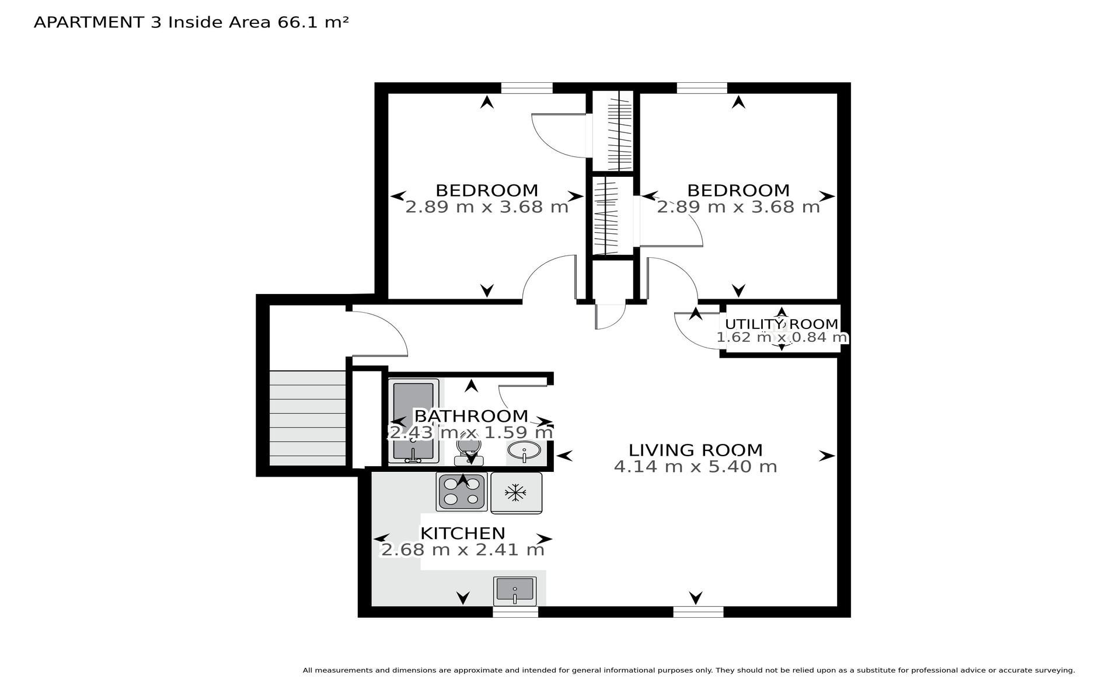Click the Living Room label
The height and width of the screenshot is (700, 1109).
[695, 450]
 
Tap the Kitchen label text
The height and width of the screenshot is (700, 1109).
[463, 533]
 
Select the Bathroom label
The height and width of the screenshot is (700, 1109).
[471, 416]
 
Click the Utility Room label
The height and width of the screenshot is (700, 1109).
[782, 324]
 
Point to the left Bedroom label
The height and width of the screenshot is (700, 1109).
[487, 191]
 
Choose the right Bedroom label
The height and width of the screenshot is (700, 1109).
[738, 191]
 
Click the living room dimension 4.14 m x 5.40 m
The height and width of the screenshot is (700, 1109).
[695, 467]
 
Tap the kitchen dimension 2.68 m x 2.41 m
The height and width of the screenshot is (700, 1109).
[462, 549]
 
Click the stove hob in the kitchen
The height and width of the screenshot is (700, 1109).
[462, 492]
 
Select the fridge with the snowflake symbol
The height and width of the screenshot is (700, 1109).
[516, 493]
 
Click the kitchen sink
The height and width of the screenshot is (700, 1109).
[514, 591]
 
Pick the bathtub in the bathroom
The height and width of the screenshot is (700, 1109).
[413, 421]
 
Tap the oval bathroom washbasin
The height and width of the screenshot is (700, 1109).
[524, 451]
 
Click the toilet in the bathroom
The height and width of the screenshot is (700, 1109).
[469, 451]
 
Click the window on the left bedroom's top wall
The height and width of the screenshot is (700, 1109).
[526, 88]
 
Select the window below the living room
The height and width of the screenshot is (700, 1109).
[698, 612]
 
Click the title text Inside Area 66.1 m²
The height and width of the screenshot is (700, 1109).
[259, 22]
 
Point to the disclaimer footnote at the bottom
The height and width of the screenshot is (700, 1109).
[689, 670]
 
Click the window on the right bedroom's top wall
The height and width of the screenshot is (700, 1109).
[702, 88]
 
